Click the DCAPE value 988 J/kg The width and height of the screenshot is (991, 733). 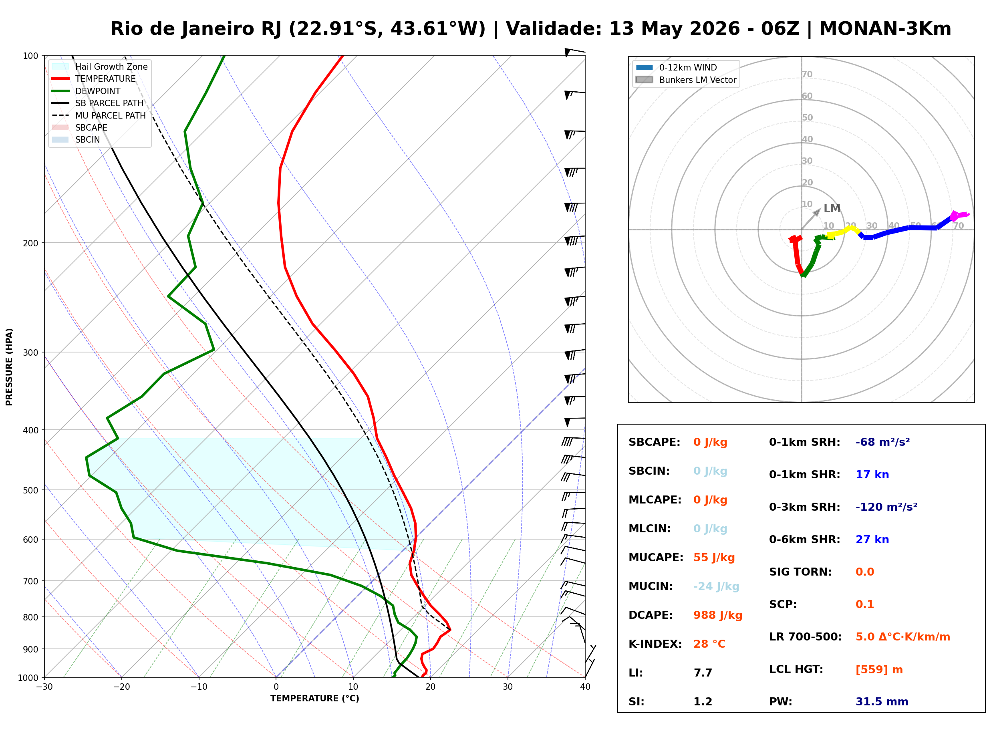(718, 615)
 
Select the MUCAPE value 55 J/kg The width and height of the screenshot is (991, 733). (714, 558)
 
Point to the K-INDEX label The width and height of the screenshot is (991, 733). (655, 644)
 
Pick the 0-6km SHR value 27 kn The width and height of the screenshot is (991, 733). (872, 540)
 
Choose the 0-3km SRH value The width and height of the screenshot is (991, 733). (886, 507)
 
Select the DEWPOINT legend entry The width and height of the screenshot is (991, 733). (86, 91)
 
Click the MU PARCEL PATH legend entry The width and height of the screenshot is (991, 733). (99, 115)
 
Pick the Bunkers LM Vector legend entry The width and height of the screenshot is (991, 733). (686, 80)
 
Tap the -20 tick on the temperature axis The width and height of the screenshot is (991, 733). (121, 687)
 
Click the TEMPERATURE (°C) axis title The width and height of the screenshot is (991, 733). (314, 699)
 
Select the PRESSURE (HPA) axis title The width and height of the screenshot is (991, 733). (9, 367)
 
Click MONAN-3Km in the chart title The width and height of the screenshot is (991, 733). (885, 29)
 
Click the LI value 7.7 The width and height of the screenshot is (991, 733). (703, 673)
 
